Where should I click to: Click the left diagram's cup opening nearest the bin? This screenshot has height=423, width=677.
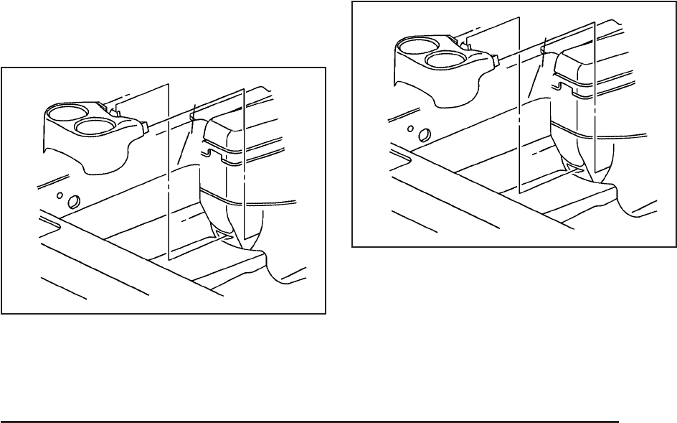click(x=93, y=128)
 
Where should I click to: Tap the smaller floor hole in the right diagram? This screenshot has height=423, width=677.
click(x=411, y=129)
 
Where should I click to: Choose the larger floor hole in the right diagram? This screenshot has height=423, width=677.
click(x=424, y=134)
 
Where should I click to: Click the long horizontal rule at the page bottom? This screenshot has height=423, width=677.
click(x=309, y=422)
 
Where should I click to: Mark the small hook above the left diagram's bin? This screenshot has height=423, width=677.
click(x=192, y=114)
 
